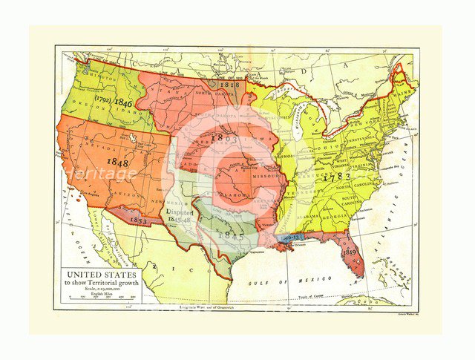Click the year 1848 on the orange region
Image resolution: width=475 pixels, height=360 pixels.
coord(117,161)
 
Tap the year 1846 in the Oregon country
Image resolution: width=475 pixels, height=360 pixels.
coord(123,104)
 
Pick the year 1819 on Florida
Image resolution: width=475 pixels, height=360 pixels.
coord(350,252)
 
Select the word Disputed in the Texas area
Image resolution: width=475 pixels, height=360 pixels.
coord(180,211)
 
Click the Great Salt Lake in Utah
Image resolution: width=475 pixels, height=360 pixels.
coord(132,138)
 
